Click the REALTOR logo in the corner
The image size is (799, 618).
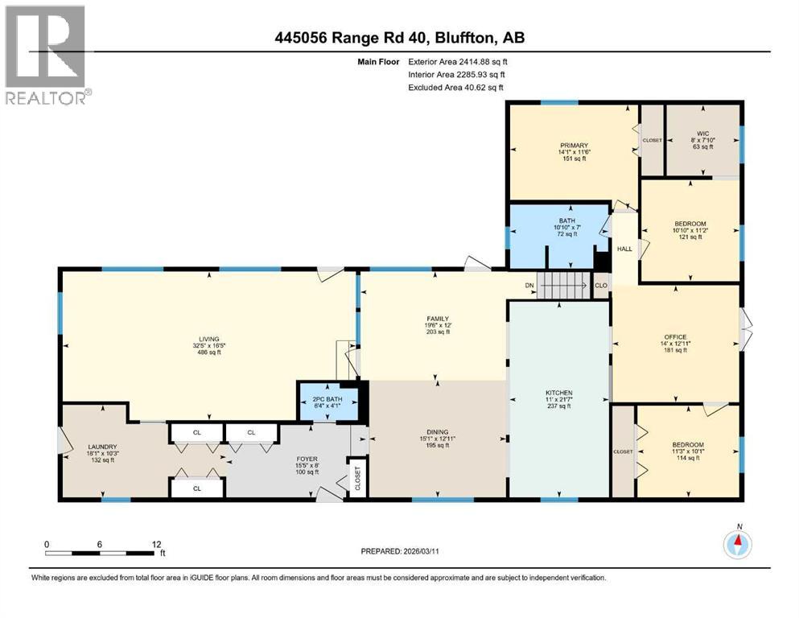[x=46, y=54]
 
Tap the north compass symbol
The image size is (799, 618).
[x=737, y=545]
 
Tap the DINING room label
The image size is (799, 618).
[x=438, y=431]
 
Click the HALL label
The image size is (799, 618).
[x=624, y=249]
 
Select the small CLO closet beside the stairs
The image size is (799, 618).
[x=600, y=285]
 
